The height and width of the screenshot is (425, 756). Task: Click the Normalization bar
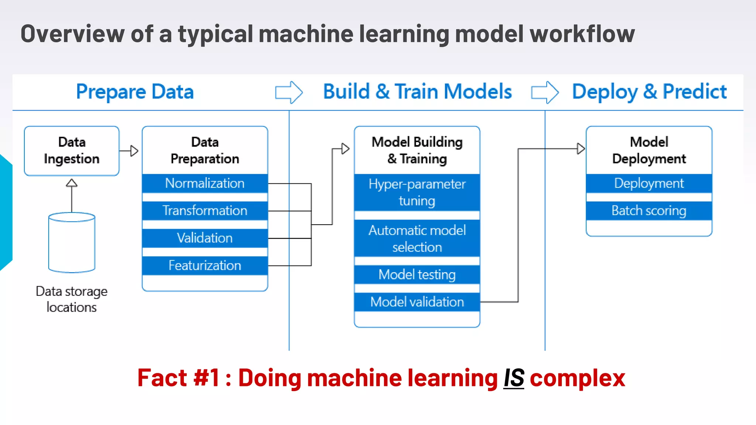click(x=205, y=183)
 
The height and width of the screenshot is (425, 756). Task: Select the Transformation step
click(x=205, y=211)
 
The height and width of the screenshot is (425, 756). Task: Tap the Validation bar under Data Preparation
click(x=205, y=238)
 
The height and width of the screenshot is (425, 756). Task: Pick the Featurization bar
click(x=205, y=266)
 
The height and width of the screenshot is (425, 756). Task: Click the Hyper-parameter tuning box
click(x=417, y=193)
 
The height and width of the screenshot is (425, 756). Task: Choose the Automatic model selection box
click(x=417, y=238)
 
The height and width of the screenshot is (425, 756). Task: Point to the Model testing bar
click(x=417, y=274)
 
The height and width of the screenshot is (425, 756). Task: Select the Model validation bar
click(x=417, y=302)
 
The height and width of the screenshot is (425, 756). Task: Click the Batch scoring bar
click(x=649, y=211)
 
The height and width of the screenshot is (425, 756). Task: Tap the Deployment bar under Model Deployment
click(x=649, y=183)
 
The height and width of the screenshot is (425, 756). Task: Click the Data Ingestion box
click(x=72, y=151)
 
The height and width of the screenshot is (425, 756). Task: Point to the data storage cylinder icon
click(x=72, y=242)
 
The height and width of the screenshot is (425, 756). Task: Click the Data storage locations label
click(x=72, y=299)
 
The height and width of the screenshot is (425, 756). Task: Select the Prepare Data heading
click(x=135, y=91)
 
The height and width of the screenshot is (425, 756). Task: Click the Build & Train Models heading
click(x=417, y=91)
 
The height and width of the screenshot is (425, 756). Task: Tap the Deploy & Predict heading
click(x=649, y=91)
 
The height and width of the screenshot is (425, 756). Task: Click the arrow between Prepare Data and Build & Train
click(x=289, y=92)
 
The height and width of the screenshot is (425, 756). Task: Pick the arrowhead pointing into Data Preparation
click(x=134, y=151)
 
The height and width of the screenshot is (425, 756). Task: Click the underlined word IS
click(x=514, y=378)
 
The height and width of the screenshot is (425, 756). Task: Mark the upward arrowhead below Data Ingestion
click(x=72, y=183)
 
